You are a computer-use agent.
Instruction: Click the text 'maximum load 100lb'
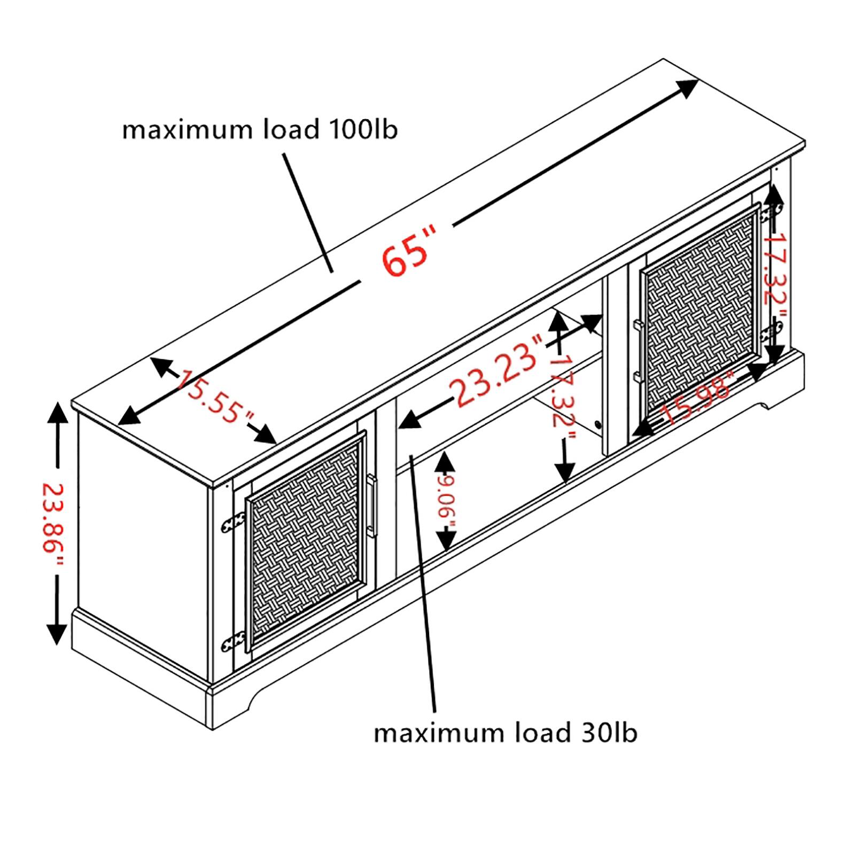[x=260, y=130]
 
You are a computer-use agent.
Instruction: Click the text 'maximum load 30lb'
[x=505, y=733]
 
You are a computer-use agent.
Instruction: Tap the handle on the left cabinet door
[x=372, y=504]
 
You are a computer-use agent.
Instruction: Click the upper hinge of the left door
[x=234, y=522]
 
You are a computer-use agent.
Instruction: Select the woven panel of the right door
[x=699, y=313]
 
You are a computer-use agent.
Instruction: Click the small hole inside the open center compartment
[x=597, y=425]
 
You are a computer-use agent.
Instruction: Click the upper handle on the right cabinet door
[x=638, y=327]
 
